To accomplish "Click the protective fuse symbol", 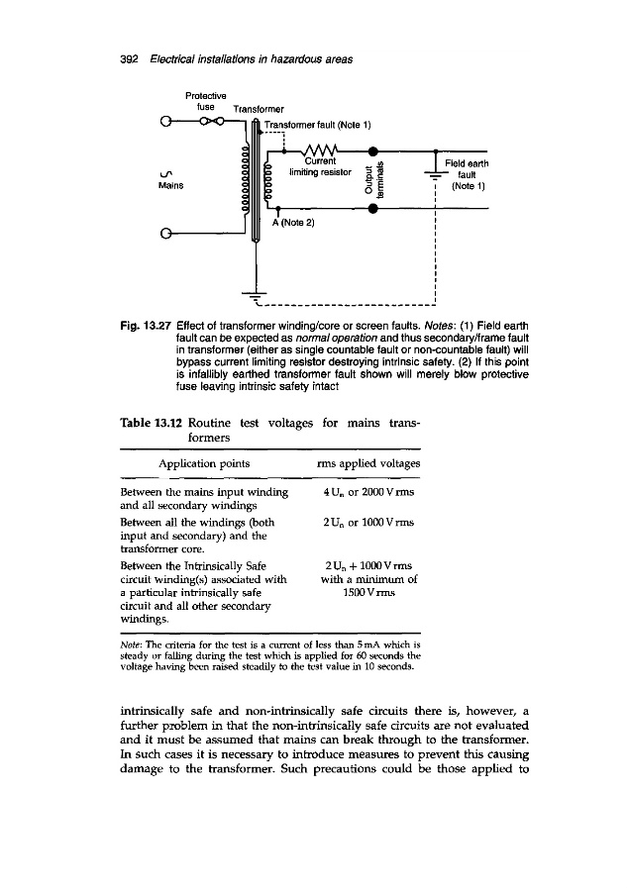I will (x=209, y=124).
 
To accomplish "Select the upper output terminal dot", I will (x=372, y=151).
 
